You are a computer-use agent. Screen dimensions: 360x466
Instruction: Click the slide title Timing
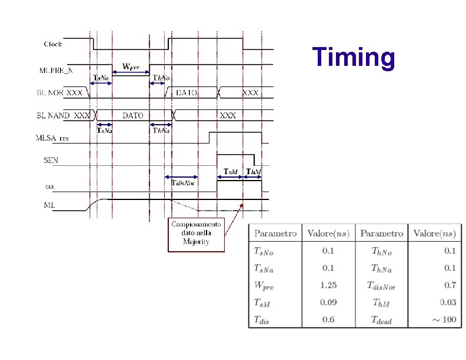(x=354, y=58)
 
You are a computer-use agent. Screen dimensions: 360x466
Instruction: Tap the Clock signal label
(x=53, y=44)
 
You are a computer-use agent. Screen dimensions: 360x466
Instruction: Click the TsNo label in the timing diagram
(x=101, y=78)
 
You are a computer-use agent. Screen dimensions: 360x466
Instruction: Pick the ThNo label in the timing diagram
(x=161, y=78)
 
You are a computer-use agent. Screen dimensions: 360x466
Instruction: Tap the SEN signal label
(x=51, y=159)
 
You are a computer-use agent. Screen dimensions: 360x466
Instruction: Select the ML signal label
(x=49, y=205)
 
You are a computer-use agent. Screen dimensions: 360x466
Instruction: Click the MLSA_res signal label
(x=52, y=139)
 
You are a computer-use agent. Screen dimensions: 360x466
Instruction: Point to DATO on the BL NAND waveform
(x=132, y=116)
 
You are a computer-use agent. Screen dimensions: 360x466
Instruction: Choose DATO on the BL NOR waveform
(x=187, y=93)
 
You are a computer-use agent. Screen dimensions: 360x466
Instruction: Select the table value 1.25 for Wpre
(x=329, y=286)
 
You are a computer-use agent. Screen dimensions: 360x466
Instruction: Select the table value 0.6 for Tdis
(x=329, y=319)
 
